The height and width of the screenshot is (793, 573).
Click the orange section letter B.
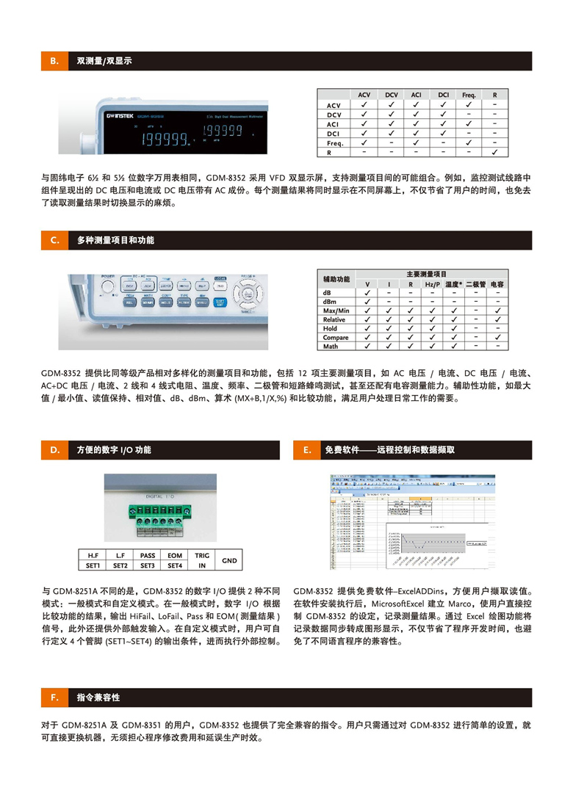point(54,61)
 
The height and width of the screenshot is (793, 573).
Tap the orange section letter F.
point(54,696)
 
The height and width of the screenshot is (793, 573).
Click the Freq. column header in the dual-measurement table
point(469,95)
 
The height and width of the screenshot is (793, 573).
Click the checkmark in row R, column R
point(494,153)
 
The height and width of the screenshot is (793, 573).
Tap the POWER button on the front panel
point(109,284)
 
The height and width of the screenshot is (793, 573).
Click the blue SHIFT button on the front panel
point(220,302)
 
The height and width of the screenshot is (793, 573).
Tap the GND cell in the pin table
point(229,560)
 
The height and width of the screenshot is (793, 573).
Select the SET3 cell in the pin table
point(148,565)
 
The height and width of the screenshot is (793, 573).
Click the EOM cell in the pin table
point(175,556)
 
